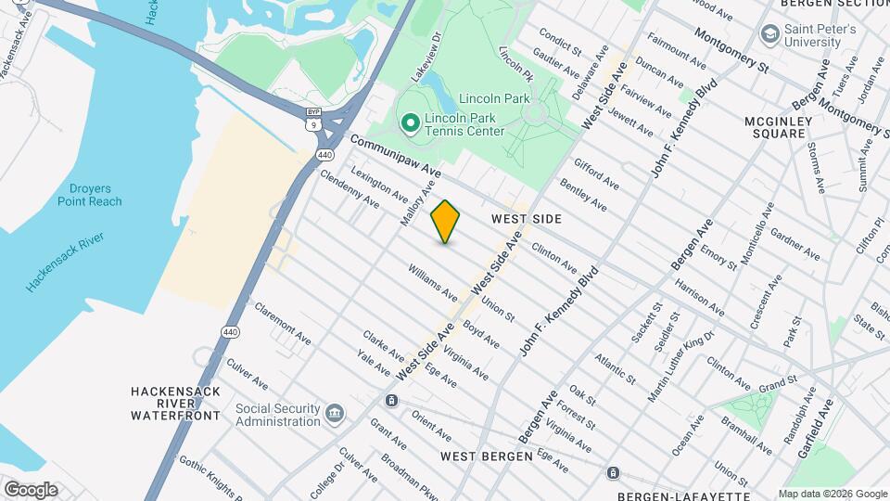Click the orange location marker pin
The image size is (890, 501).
coord(445,221)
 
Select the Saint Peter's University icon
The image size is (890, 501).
coord(769,35)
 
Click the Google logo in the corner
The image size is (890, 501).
coord(30,489)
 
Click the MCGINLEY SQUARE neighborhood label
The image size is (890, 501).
coord(778,127)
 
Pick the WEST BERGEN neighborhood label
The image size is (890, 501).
coord(486,456)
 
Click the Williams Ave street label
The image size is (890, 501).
coord(433,280)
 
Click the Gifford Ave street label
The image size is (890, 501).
coord(596,173)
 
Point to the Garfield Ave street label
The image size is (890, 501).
coord(817,427)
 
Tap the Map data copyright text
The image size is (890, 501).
coord(831,494)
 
